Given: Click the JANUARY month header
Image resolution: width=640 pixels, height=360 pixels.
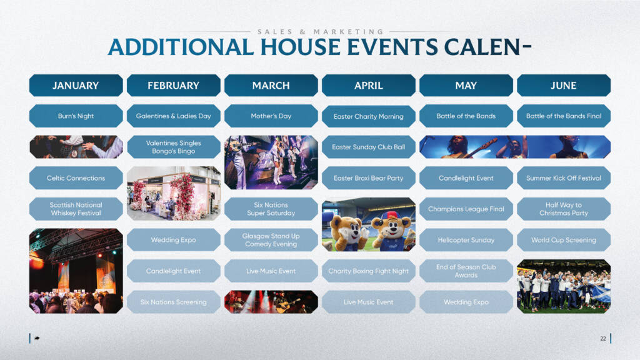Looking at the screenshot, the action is (76, 85).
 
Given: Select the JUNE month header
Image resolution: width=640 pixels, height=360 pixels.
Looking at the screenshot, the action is (564, 85).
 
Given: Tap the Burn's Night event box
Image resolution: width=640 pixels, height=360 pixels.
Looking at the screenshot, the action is (76, 116).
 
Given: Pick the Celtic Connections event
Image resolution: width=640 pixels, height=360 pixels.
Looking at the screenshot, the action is (76, 178).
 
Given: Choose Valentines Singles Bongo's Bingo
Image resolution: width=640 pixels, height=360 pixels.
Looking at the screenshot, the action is (174, 147).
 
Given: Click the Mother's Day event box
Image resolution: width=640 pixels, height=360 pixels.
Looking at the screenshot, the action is (271, 116).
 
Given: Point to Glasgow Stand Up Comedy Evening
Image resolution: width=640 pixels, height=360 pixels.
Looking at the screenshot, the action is (271, 240).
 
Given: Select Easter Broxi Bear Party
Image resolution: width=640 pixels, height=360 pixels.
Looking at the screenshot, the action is (369, 178).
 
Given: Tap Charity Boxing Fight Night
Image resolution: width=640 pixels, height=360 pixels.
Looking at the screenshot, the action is (369, 271).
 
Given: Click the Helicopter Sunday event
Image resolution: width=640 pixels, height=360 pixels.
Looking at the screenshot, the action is (466, 240).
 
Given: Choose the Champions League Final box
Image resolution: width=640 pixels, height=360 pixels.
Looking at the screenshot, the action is (466, 209).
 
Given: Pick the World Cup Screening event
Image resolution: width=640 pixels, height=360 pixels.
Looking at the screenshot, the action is (564, 240).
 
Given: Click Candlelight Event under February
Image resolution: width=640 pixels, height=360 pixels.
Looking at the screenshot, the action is (174, 271).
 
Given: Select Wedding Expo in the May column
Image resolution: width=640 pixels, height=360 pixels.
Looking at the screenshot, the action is (466, 302).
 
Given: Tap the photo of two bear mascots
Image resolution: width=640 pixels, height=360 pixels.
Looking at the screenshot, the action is (369, 224).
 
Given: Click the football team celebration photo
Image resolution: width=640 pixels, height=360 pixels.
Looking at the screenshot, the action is (564, 286).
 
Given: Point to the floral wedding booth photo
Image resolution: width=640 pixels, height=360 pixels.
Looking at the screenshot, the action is (174, 194).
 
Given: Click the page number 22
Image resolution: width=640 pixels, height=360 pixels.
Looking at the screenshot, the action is (603, 338).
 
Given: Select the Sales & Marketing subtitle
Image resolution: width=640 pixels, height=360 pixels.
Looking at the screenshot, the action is (321, 31).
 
